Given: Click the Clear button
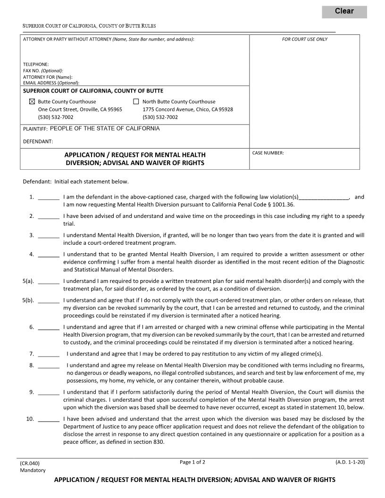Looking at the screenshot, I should [x=344, y=11].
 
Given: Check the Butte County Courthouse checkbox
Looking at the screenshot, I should [x=32, y=101].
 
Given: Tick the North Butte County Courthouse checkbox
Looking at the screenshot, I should [x=136, y=101].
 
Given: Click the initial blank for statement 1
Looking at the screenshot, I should [x=48, y=198].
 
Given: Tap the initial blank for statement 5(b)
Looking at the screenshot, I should [x=48, y=301].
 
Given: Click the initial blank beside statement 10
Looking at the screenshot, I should [x=48, y=419].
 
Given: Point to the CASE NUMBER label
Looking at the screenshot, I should [x=268, y=153].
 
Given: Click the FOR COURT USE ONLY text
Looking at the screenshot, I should [x=304, y=39].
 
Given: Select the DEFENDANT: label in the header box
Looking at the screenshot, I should [x=38, y=141].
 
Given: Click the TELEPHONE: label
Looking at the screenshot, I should [x=36, y=64].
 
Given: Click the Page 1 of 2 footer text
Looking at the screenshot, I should [x=192, y=462].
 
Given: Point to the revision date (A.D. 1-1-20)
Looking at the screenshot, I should [x=350, y=462].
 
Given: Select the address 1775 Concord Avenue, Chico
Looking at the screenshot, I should [x=187, y=109].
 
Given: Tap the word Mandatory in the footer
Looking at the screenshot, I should [x=33, y=470].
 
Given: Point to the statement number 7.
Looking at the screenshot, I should [x=31, y=354].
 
